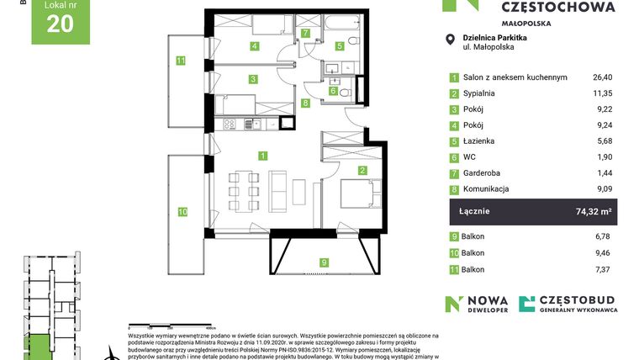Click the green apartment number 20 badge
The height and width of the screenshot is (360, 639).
click(60, 22)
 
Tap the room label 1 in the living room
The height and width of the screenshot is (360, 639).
click(263, 156)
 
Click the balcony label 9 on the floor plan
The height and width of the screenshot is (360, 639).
click(324, 262)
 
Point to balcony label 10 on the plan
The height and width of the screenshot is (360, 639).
click(181, 212)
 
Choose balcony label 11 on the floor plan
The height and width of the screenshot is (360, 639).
click(180, 60)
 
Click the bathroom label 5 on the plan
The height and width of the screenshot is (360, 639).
click(341, 46)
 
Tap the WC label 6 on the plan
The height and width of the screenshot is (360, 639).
click(333, 90)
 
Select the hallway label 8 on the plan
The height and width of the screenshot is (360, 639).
click(305, 103)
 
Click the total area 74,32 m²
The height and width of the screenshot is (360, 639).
click(594, 212)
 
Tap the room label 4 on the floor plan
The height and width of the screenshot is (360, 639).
click(254, 46)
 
